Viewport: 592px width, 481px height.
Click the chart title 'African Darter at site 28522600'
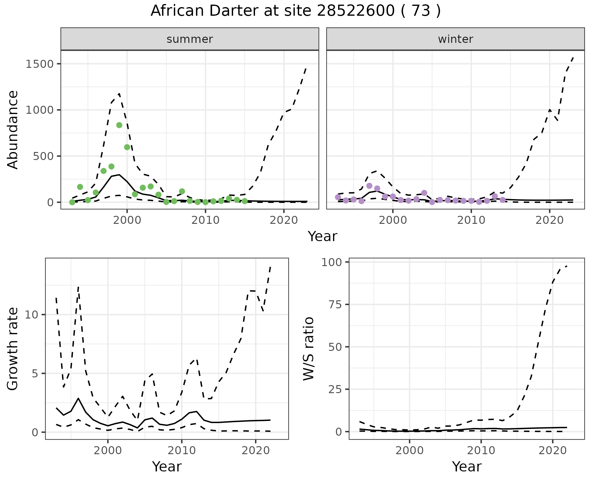point(295,11)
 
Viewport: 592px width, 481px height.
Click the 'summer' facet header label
point(190,39)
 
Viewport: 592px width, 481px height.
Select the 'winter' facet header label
point(455,39)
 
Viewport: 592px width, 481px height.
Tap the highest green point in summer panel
point(119,125)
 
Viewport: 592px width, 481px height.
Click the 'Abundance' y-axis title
point(13,130)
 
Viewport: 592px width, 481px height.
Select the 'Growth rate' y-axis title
point(13,349)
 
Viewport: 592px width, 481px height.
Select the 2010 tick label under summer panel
point(205,220)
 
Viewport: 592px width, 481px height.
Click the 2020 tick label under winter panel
point(549,220)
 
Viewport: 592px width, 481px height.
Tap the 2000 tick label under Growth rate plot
point(108,450)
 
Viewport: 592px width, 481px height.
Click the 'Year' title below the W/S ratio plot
point(467,467)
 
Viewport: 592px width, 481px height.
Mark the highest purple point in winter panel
point(369,186)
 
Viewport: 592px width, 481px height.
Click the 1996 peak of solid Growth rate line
point(79,398)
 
